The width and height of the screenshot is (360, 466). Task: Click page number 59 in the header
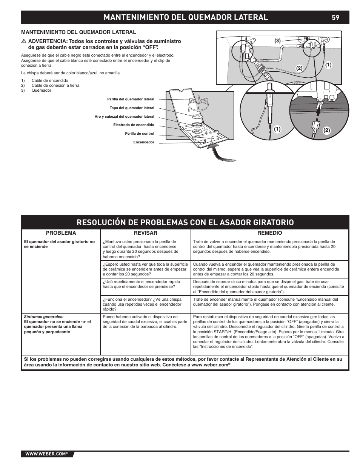pos(335,17)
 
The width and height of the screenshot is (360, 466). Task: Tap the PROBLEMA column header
pos(61,233)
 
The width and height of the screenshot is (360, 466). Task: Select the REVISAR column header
pos(146,233)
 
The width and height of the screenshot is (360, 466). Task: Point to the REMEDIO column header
pos(269,233)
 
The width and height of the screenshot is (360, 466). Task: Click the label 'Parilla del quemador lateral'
pos(131,99)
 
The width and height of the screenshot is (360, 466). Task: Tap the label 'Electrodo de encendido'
pos(134,125)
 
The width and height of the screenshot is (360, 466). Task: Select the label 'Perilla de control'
pos(139,134)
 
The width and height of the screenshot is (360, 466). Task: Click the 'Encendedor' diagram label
pos(143,142)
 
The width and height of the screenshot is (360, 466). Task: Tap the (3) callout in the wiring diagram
pos(278,41)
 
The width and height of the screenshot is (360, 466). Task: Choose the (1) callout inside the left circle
pos(278,129)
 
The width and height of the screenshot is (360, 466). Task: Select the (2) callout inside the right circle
pos(326,131)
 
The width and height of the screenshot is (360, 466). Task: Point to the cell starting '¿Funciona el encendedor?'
pos(142,304)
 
